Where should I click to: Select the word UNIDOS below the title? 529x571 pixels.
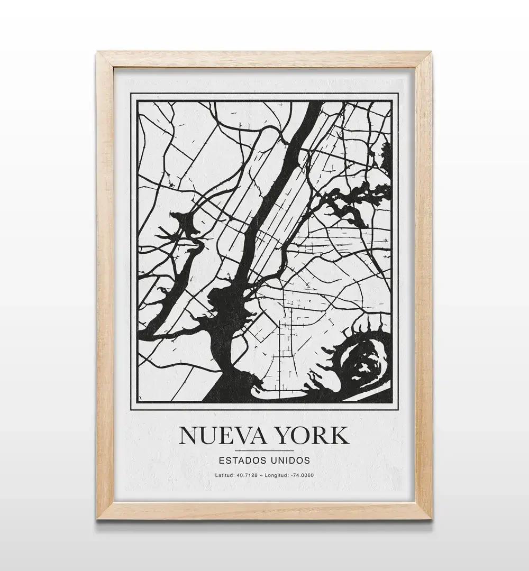[290, 460]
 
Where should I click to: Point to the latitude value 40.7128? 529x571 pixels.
[247, 475]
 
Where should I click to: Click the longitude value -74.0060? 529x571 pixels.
[302, 475]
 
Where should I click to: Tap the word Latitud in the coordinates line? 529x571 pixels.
[225, 475]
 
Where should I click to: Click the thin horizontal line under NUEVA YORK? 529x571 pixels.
[263, 450]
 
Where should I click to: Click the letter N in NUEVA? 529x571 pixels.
[188, 435]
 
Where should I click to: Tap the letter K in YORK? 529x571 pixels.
[340, 435]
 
